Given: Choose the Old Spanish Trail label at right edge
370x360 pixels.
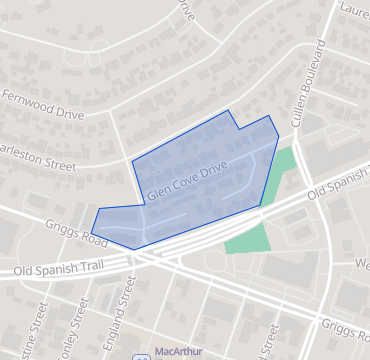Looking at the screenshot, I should pyautogui.click(x=339, y=183).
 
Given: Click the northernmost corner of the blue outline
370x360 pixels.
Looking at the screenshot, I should pyautogui.click(x=229, y=110).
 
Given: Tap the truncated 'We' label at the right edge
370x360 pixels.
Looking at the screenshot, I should pyautogui.click(x=361, y=263).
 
